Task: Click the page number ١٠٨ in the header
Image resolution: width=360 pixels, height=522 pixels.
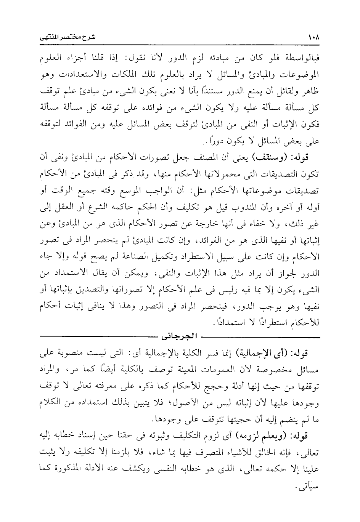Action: (313, 38)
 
